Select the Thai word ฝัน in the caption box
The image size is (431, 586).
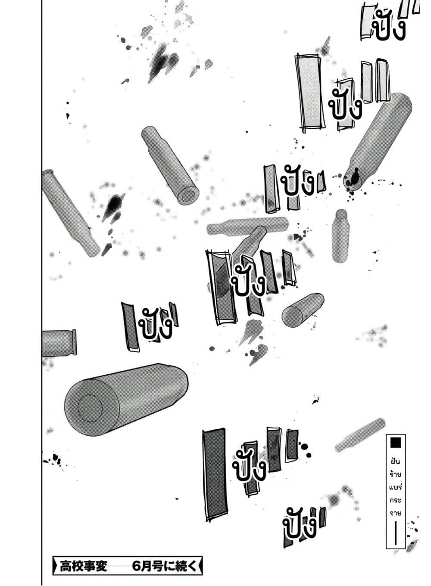point(396,462)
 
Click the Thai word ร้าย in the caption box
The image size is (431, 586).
point(396,475)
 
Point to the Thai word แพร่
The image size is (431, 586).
point(396,488)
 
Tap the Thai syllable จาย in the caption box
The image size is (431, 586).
point(396,512)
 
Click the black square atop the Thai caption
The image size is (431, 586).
point(396,442)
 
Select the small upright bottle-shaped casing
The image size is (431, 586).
point(340,236)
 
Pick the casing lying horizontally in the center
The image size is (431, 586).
point(247,226)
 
